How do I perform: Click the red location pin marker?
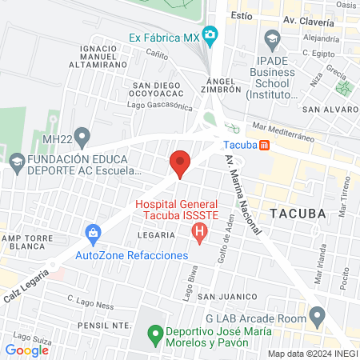[x=180, y=163]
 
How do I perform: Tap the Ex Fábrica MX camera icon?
[x=210, y=36]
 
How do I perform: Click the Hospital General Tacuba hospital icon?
[x=200, y=234]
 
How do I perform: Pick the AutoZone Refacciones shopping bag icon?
[x=94, y=234]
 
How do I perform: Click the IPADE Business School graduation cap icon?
[x=272, y=38]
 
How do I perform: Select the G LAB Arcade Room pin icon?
[x=318, y=319]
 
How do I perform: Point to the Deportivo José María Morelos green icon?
[x=154, y=334]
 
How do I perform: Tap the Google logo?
[x=26, y=350]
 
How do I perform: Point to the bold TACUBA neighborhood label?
[x=298, y=214]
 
